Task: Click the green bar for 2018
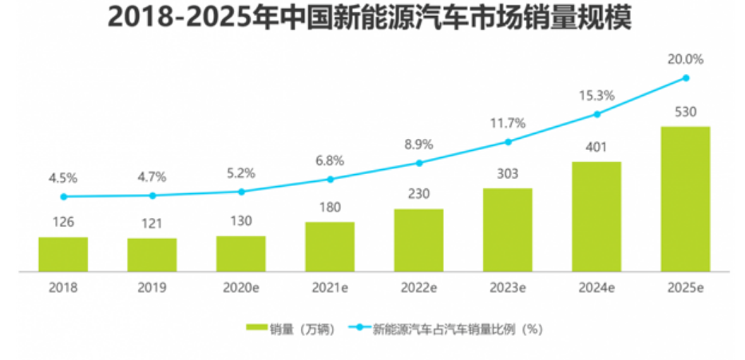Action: (x=63, y=254)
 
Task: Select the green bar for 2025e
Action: (x=685, y=199)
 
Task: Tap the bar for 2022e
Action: (x=418, y=239)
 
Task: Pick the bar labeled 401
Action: (x=596, y=216)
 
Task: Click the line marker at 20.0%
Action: (x=685, y=77)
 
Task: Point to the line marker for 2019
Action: (x=152, y=196)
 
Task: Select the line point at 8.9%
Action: (x=418, y=163)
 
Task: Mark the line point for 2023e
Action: (x=507, y=142)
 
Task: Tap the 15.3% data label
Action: (x=596, y=96)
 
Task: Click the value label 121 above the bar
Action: (x=152, y=224)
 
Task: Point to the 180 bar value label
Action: (x=329, y=208)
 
